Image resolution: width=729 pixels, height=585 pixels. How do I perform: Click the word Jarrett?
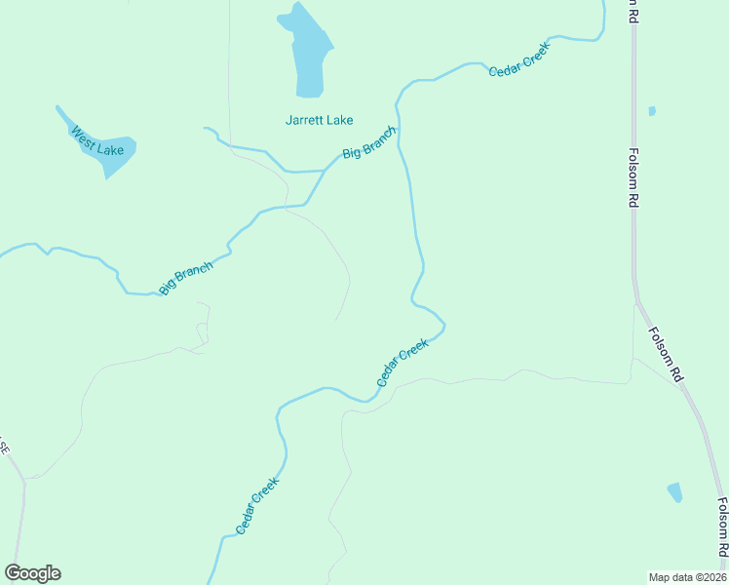tap(304, 121)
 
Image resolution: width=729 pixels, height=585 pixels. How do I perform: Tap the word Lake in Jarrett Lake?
tap(339, 121)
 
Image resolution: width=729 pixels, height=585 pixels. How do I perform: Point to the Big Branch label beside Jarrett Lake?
tap(369, 142)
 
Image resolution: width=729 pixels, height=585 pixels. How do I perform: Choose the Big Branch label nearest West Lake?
tap(186, 279)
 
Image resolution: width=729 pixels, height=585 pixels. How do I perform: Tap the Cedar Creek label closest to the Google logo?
tap(258, 505)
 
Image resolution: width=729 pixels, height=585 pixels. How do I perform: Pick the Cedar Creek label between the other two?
tap(403, 363)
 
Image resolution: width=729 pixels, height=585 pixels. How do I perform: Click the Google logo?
tap(32, 573)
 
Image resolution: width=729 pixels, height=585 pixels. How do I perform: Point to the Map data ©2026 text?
tap(687, 577)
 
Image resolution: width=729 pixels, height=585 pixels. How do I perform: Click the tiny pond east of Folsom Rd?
tap(652, 111)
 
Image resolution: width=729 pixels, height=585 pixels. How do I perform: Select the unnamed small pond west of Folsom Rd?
tap(674, 492)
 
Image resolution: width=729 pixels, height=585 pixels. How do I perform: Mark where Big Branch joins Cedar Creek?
tap(399, 125)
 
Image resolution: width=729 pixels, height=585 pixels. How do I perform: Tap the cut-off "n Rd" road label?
tap(633, 11)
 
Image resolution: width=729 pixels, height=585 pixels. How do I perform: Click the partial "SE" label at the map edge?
tap(4, 448)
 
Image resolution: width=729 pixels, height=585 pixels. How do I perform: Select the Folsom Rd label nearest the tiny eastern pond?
tap(633, 176)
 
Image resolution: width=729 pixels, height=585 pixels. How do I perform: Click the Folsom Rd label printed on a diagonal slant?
tap(666, 352)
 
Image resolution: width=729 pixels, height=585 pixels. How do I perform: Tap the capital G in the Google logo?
tap(13, 573)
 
